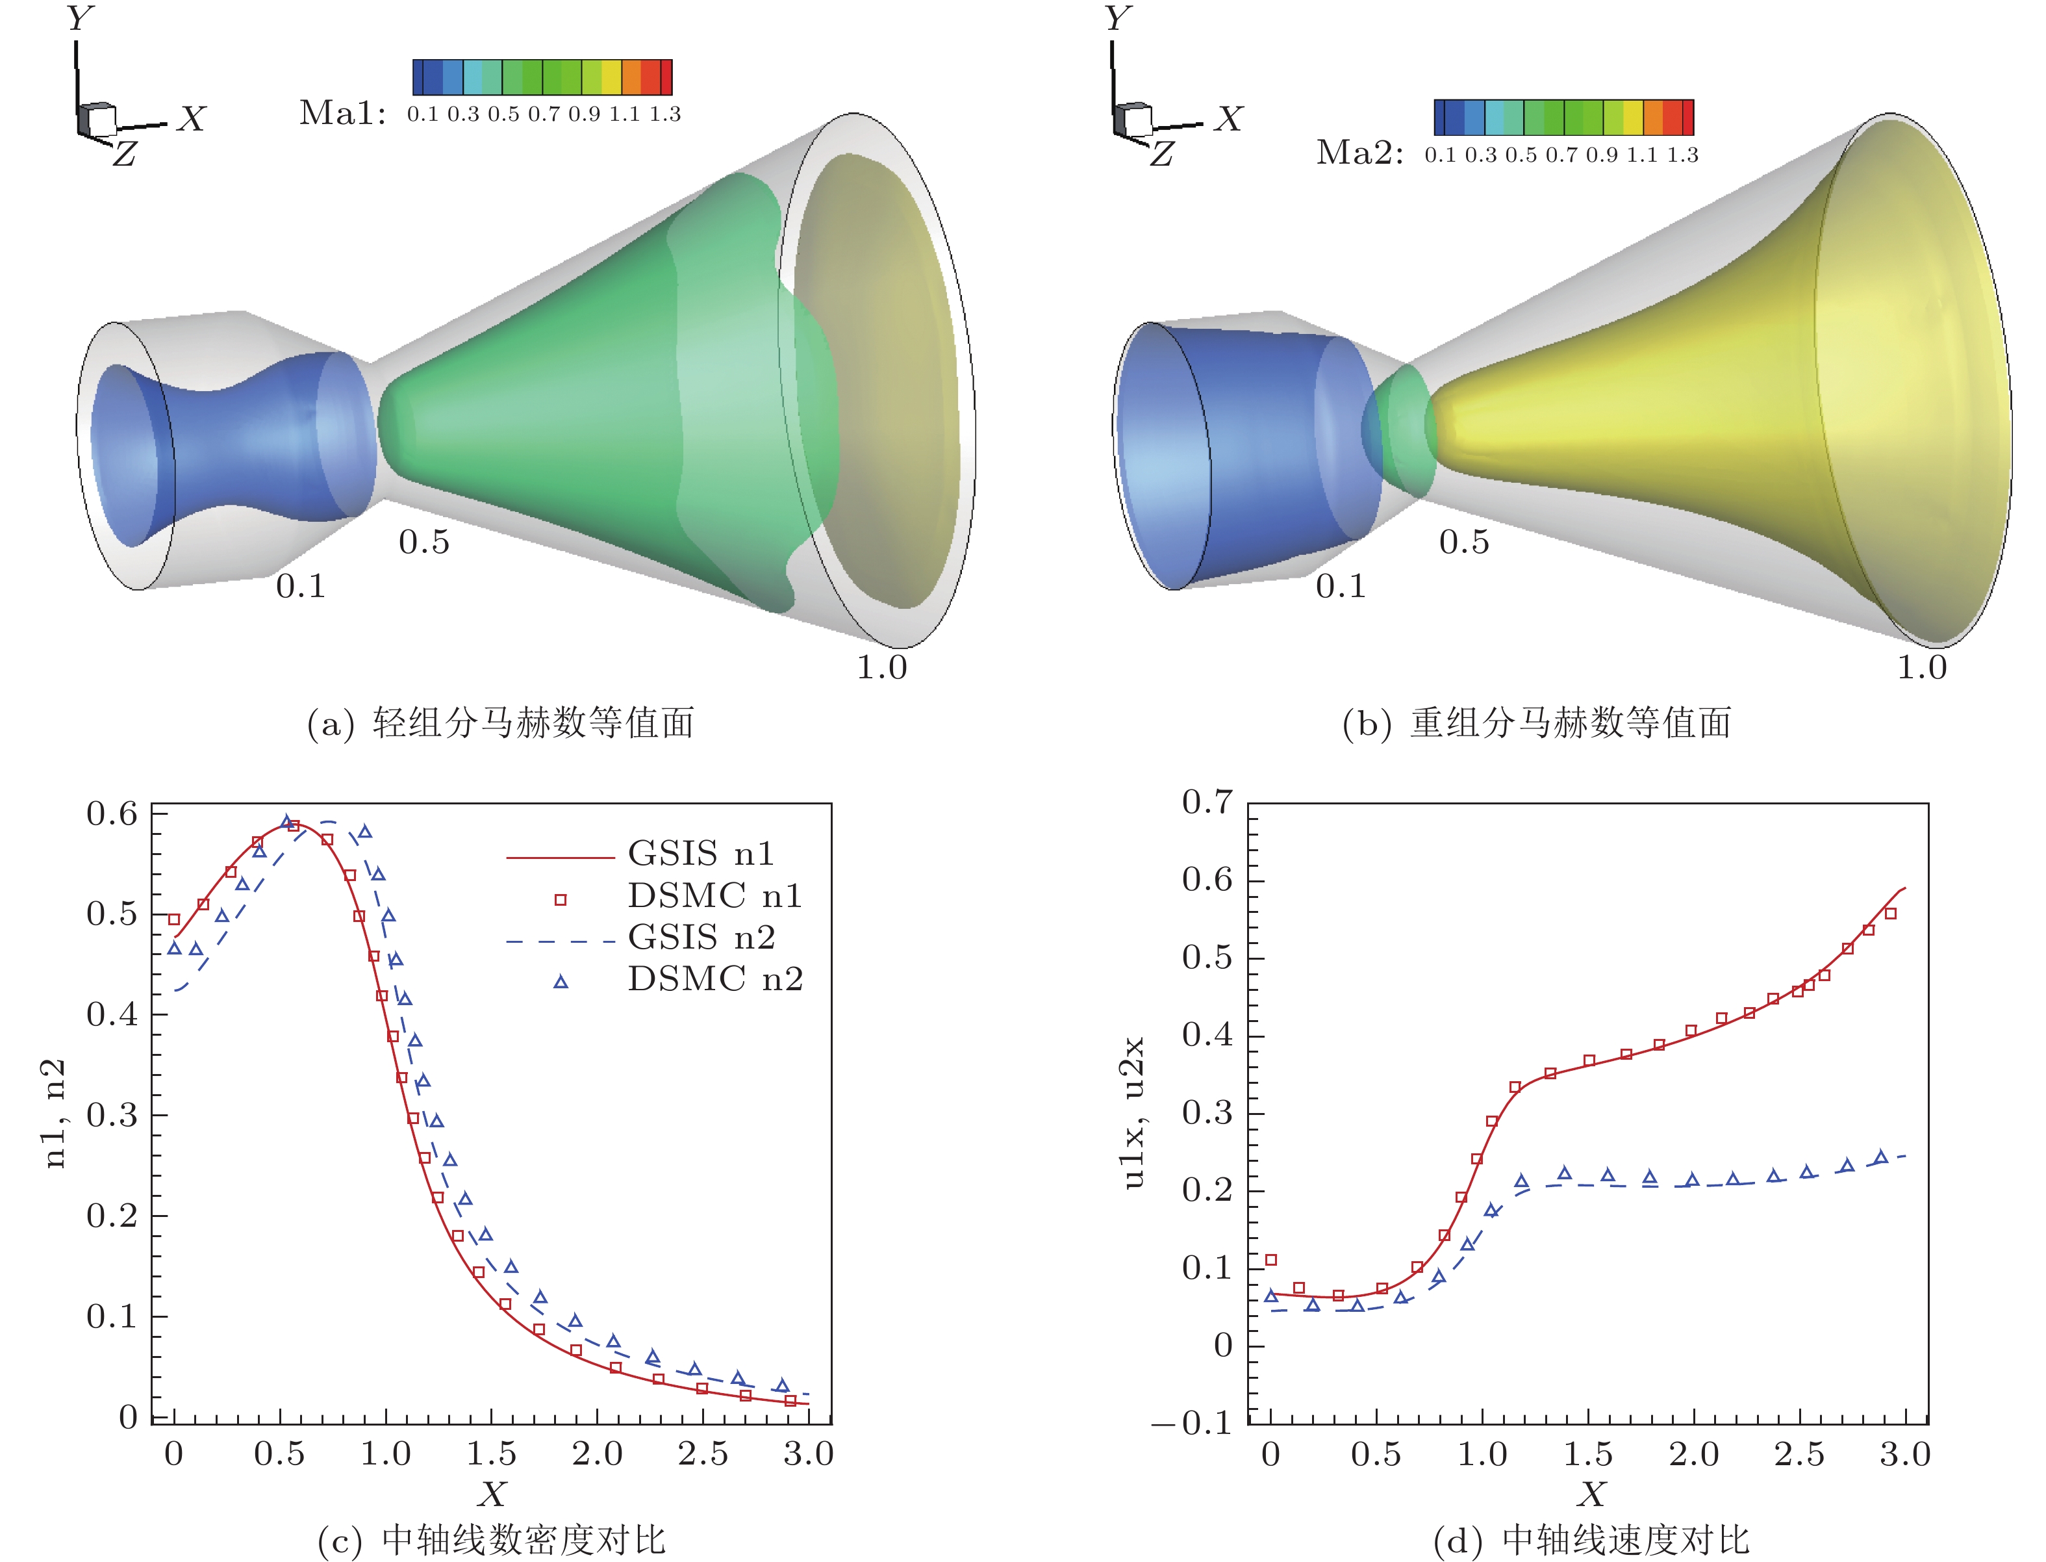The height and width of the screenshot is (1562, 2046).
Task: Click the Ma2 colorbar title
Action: pos(1359,153)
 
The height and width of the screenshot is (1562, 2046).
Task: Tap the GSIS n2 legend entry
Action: pos(701,937)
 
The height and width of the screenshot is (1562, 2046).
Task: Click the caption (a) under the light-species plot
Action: pos(500,723)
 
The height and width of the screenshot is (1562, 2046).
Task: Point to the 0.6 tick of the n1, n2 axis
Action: pos(112,815)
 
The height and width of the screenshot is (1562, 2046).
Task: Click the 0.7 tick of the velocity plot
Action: pos(1207,801)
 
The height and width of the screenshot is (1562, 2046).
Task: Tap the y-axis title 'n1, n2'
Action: pos(56,1113)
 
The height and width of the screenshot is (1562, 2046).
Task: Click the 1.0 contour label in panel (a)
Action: pos(881,667)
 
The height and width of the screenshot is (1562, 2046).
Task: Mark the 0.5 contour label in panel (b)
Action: pos(1463,542)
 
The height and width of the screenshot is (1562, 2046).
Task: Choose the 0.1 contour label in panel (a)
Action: pos(300,587)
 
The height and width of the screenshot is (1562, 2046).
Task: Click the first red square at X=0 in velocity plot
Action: pos(1270,1260)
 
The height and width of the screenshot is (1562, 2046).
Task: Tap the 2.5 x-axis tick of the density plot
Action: pos(703,1453)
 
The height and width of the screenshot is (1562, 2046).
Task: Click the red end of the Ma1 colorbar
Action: pos(666,77)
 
